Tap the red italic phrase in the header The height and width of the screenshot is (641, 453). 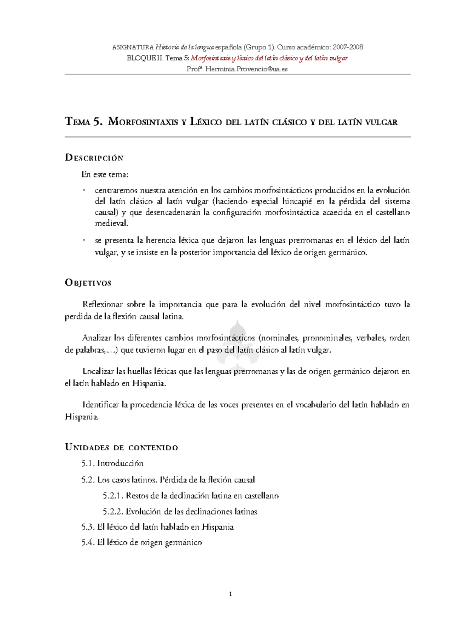(269, 58)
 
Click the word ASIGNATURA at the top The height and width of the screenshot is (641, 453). (133, 47)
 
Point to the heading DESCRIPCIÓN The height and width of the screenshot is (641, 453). (94, 158)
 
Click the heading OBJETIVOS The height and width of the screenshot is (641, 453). (88, 283)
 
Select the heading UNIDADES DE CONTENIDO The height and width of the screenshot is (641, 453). (122, 448)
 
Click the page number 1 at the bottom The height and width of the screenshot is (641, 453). (231, 594)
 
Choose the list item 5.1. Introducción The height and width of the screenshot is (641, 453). (112, 463)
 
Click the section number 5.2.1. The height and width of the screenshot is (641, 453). (112, 496)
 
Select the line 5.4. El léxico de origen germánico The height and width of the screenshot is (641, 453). (142, 542)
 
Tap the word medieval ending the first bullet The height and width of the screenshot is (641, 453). (111, 223)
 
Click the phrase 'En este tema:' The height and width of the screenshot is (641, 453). (105, 174)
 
